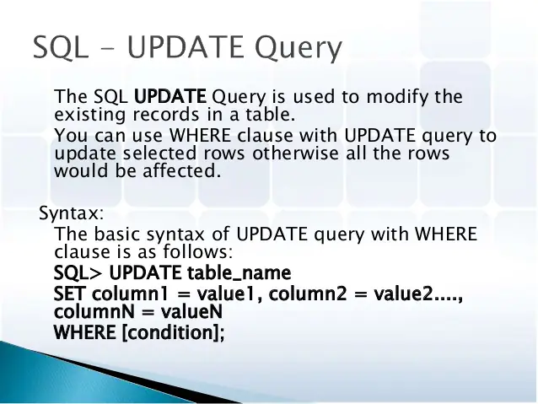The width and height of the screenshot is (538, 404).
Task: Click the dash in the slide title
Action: pyautogui.click(x=108, y=48)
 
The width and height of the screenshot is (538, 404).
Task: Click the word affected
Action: pyautogui.click(x=185, y=170)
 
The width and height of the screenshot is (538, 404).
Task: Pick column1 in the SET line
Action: pyautogui.click(x=130, y=295)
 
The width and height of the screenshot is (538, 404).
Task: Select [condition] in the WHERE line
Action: pyautogui.click(x=174, y=332)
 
